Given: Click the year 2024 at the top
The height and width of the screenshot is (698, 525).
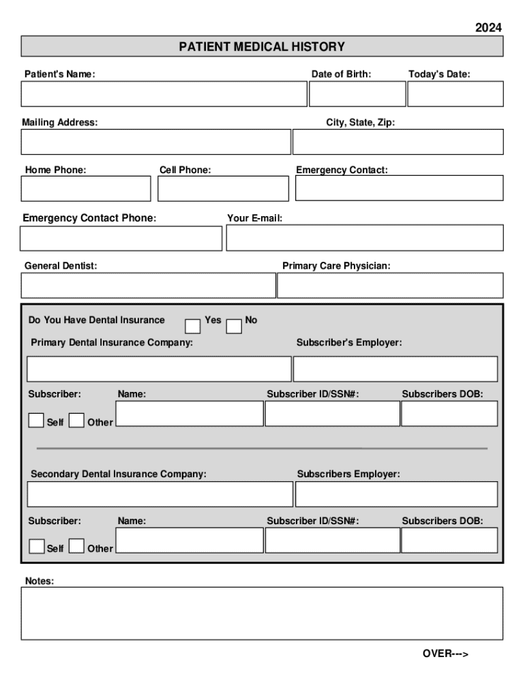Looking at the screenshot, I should coord(488,27).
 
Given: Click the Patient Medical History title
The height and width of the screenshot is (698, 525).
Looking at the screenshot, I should coord(262,46).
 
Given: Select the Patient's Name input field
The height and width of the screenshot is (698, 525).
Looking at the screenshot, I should coord(164,94).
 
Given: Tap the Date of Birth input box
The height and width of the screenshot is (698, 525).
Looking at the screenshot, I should coord(357,94).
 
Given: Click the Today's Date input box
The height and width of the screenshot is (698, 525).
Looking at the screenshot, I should coord(455,94).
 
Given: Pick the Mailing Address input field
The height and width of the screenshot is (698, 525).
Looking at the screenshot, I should coord(155,142).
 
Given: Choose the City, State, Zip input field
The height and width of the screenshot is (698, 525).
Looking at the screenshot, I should coord(397,142).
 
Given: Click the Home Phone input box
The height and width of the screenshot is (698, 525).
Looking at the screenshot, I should coord(85,189).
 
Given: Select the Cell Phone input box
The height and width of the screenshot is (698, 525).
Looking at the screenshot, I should coord(223,189).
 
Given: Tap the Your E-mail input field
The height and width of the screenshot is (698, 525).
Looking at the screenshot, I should coord(364,238).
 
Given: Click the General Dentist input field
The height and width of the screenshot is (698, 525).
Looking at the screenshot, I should coord(148,286).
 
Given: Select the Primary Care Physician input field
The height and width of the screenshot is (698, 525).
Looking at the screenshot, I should coord(390,286).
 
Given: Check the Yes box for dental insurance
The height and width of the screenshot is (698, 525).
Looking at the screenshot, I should coord(194,326).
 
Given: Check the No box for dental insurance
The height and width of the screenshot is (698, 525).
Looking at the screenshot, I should coord(234,327).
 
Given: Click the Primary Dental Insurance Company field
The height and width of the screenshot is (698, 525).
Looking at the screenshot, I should coord(158,369).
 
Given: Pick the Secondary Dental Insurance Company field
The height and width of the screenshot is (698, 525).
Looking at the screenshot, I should coord(160,494).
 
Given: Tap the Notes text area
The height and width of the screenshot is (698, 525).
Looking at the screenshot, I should coord(262,613).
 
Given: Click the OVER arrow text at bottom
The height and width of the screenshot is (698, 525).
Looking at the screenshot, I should coord(445,654).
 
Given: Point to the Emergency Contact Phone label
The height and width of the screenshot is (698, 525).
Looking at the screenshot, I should coord(89,218).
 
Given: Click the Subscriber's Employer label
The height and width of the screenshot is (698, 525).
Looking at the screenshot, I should coord(349,343).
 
